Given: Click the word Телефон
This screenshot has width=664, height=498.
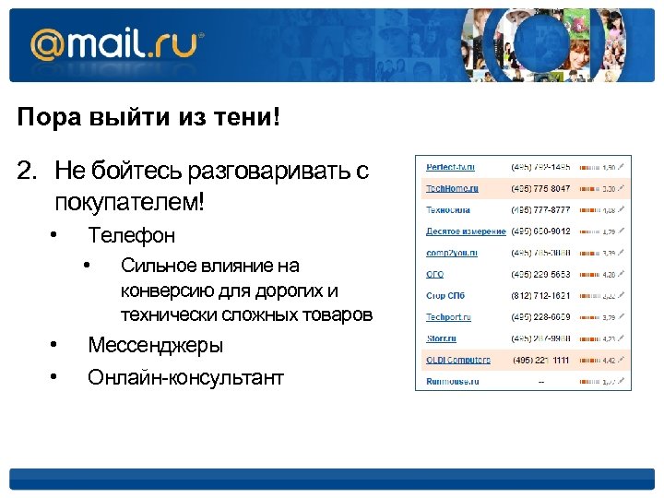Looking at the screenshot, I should click(131, 235).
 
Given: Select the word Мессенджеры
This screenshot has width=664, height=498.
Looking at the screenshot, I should click(155, 346).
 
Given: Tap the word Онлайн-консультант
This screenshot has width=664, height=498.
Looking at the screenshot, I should click(185, 377).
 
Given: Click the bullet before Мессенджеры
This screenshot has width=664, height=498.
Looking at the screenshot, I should click(55, 346).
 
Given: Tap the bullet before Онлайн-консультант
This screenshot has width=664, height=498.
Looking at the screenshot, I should click(55, 377).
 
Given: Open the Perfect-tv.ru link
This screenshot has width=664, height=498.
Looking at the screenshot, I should click(450, 167).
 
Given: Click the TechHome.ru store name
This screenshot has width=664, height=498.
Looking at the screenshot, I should click(452, 188).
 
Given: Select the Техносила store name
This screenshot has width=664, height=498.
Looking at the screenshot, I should click(447, 209).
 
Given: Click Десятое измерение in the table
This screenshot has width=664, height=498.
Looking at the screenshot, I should click(466, 231).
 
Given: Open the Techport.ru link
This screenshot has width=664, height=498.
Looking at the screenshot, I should click(449, 316).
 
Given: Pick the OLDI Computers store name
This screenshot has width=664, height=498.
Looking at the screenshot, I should click(458, 360).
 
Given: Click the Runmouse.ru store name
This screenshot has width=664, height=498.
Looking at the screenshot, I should click(451, 381).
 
